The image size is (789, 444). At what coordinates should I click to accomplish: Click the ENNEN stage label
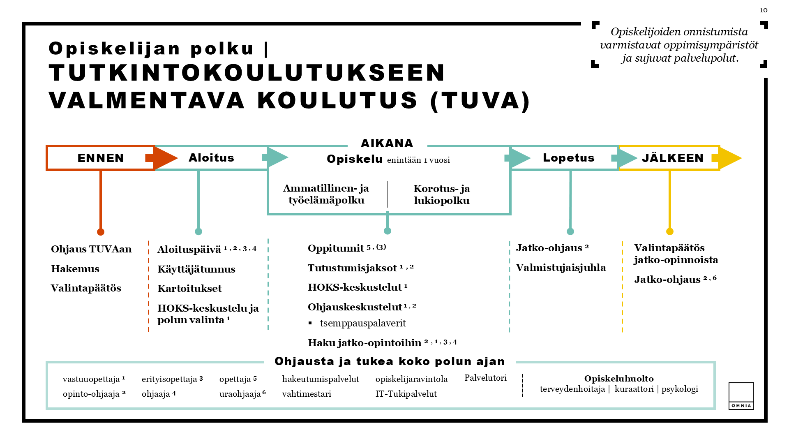click(101, 158)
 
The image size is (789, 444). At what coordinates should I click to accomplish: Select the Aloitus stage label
click(211, 158)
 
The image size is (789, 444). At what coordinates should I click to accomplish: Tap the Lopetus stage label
click(568, 158)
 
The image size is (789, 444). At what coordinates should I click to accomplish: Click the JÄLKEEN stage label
click(673, 158)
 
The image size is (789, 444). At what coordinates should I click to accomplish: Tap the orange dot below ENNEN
click(101, 232)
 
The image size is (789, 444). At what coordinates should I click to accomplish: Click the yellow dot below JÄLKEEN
click(670, 231)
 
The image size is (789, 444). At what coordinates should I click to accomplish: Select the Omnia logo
click(741, 396)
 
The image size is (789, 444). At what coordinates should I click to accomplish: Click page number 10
click(764, 10)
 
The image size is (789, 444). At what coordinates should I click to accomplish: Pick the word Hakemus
click(75, 269)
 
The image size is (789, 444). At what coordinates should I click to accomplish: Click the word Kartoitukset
click(189, 289)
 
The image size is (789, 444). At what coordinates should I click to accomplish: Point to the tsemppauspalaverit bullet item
click(362, 324)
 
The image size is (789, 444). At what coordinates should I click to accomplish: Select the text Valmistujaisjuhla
click(561, 268)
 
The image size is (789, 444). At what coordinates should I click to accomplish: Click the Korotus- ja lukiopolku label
click(442, 194)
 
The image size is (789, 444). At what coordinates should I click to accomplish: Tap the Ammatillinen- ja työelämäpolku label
click(326, 194)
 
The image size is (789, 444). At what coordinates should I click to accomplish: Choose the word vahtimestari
click(307, 394)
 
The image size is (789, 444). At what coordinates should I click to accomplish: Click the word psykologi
click(680, 389)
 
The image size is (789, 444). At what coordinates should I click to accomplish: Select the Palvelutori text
click(485, 378)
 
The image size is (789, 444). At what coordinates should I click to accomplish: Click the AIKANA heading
click(387, 143)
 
